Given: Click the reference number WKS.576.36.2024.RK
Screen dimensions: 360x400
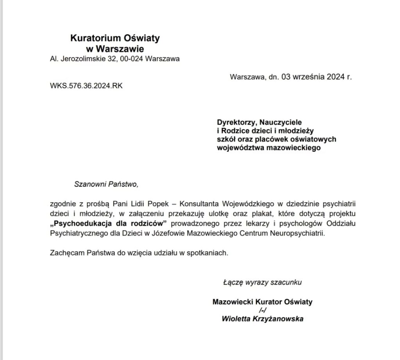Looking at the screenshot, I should coord(86,86).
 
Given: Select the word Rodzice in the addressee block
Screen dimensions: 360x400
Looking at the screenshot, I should coord(234,130).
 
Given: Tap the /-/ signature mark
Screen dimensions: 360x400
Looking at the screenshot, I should coord(262,310).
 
